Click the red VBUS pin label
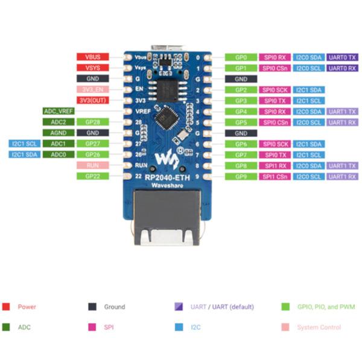[x=92, y=57]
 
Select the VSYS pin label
[x=92, y=68]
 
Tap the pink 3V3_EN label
[x=92, y=89]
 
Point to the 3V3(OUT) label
[x=92, y=100]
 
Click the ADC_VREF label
[x=59, y=111]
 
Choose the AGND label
[x=59, y=133]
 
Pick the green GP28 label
[x=92, y=122]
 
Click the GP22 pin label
[x=92, y=176]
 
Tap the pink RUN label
[x=92, y=165]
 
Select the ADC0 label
[x=59, y=154]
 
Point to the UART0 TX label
[x=343, y=57]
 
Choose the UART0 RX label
[x=343, y=68]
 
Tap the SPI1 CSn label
[x=275, y=177]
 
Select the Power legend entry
[x=27, y=306]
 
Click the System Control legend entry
[x=319, y=328]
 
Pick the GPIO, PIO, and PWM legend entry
[x=326, y=306]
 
